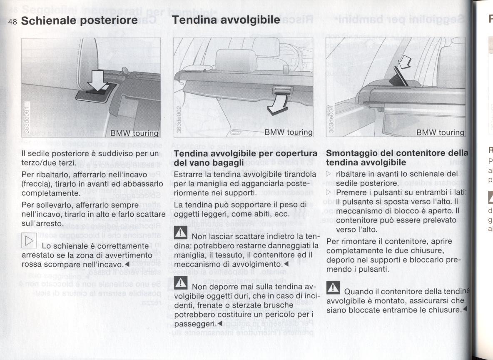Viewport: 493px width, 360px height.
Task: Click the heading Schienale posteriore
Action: pyautogui.click(x=79, y=20)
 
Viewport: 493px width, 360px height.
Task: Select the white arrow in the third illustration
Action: pyautogui.click(x=403, y=63)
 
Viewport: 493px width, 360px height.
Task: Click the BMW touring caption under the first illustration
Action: pyautogui.click(x=133, y=133)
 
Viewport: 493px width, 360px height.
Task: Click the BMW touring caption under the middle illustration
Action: pyautogui.click(x=288, y=132)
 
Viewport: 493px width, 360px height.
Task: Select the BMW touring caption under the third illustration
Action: pyautogui.click(x=440, y=132)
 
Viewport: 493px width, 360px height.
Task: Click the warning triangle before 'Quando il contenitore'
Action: pyautogui.click(x=334, y=287)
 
